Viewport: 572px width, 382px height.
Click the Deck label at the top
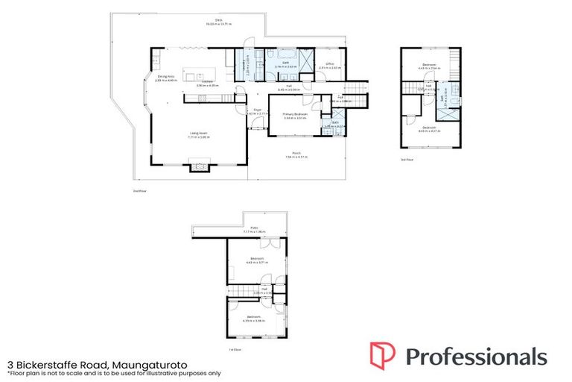click(x=219, y=23)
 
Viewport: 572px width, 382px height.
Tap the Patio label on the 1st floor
click(x=254, y=230)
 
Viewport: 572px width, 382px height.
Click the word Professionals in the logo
click(x=477, y=356)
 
